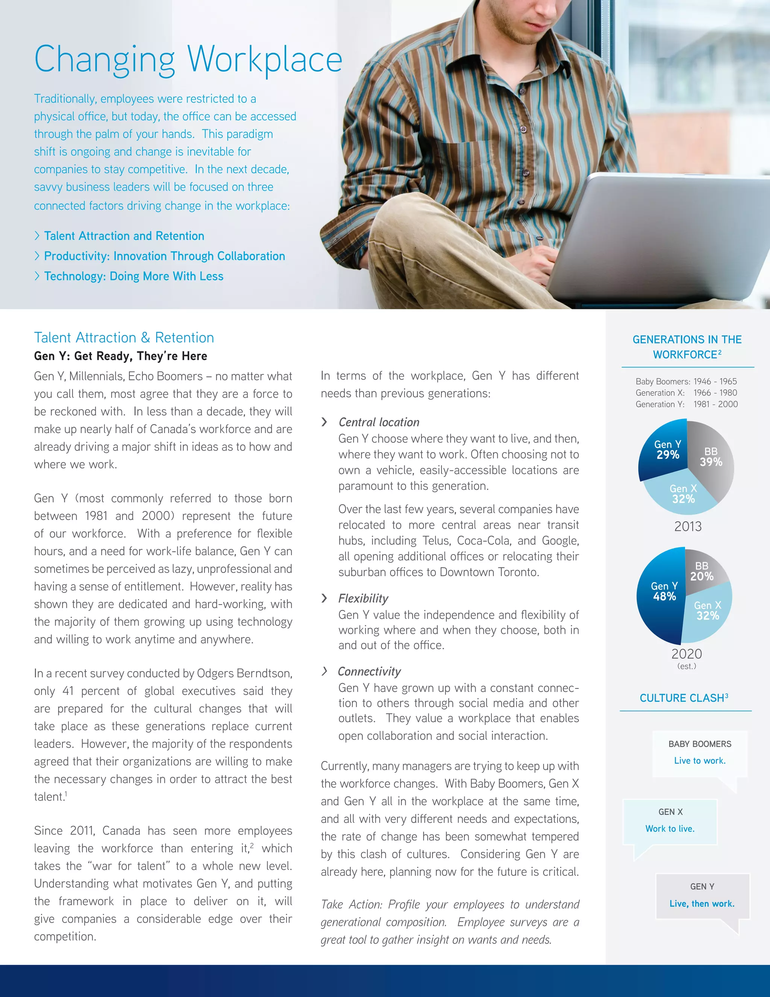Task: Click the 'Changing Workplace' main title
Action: click(x=188, y=59)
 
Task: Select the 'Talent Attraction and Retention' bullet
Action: click(x=124, y=236)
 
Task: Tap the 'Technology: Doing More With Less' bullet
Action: click(x=133, y=276)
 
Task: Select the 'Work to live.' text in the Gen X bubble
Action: click(x=670, y=828)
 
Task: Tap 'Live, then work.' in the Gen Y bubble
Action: click(x=702, y=903)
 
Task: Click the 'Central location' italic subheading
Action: click(x=379, y=422)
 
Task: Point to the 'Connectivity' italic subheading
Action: click(x=369, y=672)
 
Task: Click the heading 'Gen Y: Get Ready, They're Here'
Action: click(x=120, y=356)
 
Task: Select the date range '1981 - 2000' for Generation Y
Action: click(x=715, y=404)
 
